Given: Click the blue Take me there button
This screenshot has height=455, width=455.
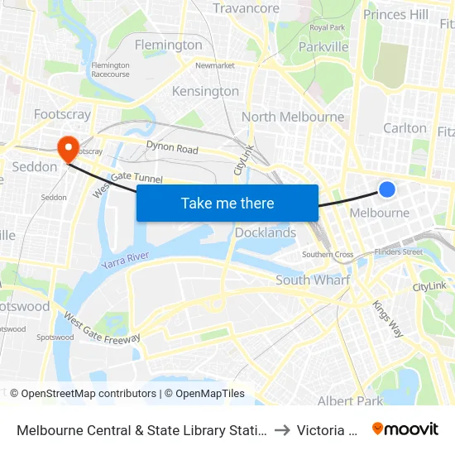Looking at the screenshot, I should (x=227, y=203).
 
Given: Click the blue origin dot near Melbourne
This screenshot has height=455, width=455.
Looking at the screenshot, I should (x=386, y=189).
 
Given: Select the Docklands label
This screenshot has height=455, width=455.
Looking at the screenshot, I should (x=266, y=232).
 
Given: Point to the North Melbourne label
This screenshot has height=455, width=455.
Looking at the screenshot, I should (x=293, y=117).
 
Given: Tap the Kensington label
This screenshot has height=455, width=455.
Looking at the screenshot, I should (x=205, y=91).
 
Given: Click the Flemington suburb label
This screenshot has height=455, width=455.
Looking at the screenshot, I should (x=168, y=45).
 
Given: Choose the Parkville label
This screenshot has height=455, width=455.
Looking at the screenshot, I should (x=323, y=47).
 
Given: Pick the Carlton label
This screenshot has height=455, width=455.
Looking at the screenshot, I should (x=405, y=128).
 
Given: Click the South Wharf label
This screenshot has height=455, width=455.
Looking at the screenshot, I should (x=313, y=280).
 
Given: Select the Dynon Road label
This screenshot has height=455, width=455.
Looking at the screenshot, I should (x=172, y=149).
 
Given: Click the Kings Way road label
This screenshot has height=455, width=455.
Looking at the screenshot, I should (x=387, y=318).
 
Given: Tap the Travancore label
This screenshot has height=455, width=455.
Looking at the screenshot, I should (x=246, y=8).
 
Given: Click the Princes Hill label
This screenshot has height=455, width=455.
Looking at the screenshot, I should (x=395, y=14).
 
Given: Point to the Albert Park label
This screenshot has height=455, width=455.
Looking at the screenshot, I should (x=350, y=401).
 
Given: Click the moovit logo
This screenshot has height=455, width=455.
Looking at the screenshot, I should (x=405, y=429).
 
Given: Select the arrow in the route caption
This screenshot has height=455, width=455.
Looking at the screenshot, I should (x=281, y=429).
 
